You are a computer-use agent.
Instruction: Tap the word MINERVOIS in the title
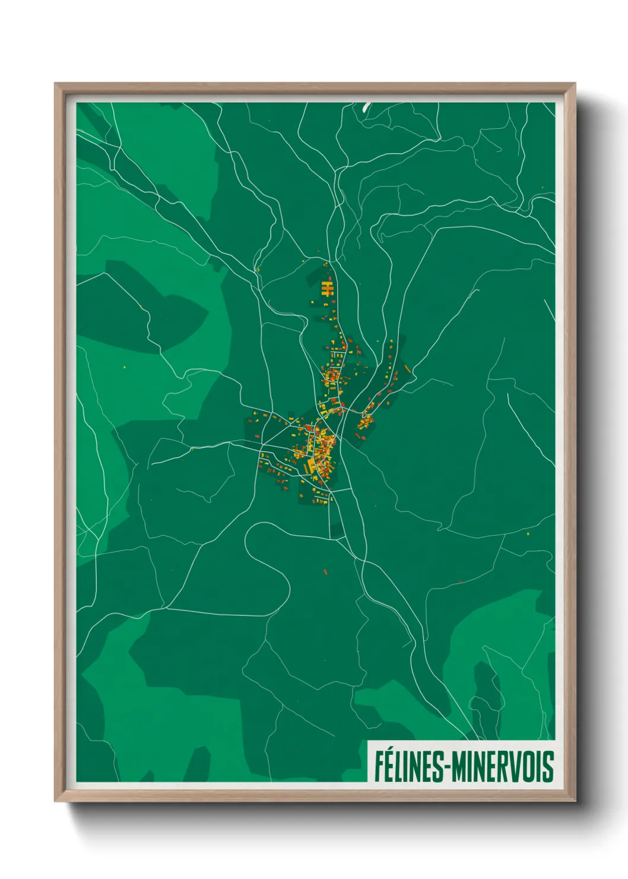click(x=503, y=766)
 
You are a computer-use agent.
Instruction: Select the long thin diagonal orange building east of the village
click(x=408, y=369)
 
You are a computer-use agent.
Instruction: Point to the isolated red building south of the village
click(x=325, y=572)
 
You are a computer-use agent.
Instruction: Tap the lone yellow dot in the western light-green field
click(x=125, y=368)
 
